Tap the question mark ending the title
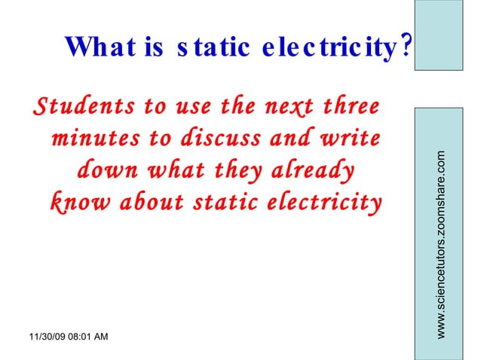[406, 47]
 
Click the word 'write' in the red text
[345, 139]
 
